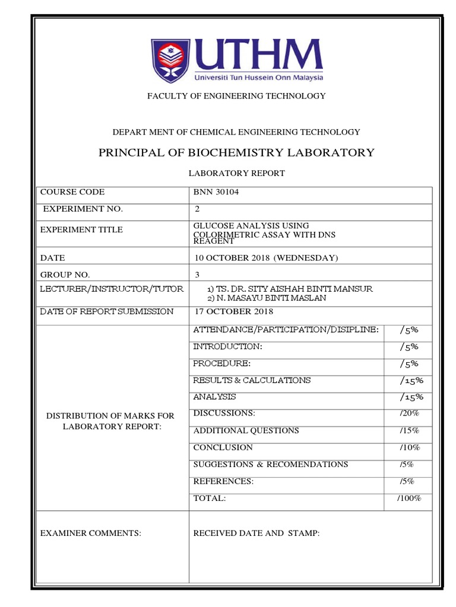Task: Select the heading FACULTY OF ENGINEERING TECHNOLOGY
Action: [x=236, y=96]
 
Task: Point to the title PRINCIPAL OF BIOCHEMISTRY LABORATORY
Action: [x=236, y=152]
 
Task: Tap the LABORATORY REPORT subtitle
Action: [x=236, y=174]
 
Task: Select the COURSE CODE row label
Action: [x=72, y=192]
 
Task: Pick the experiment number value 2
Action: [x=198, y=209]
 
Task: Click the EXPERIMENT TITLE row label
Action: [x=81, y=229]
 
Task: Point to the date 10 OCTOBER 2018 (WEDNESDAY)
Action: [x=266, y=258]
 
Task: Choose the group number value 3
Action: [x=198, y=274]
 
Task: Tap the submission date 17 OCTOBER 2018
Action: [x=233, y=312]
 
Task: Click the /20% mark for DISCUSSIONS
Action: [x=410, y=413]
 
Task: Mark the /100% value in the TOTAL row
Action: [x=409, y=499]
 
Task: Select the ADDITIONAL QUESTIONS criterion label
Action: [x=246, y=431]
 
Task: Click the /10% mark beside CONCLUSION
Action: [x=410, y=448]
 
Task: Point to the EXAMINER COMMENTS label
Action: [x=90, y=533]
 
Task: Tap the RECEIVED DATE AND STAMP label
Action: [x=256, y=533]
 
